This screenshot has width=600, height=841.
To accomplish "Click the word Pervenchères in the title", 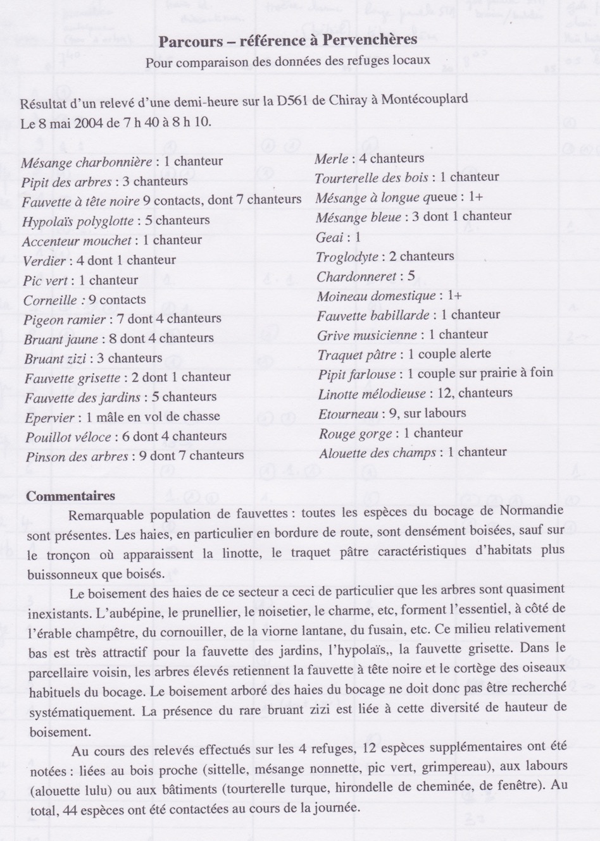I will (370, 40).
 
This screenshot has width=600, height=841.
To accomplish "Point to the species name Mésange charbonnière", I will (87, 163).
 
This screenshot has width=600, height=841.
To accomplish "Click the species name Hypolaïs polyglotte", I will (78, 221).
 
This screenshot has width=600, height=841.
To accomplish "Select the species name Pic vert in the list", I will (46, 281).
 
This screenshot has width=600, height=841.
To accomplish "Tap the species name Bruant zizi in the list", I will (56, 359).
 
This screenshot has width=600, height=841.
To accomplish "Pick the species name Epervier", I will (50, 418).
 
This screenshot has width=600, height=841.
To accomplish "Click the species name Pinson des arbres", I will (77, 457).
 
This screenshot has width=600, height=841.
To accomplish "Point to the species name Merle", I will (332, 159).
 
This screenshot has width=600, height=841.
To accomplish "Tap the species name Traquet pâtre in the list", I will (357, 355).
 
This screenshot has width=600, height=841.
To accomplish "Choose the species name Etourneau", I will (348, 414).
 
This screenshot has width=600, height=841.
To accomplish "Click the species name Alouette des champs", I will (377, 453).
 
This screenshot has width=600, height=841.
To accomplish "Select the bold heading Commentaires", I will (71, 496).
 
